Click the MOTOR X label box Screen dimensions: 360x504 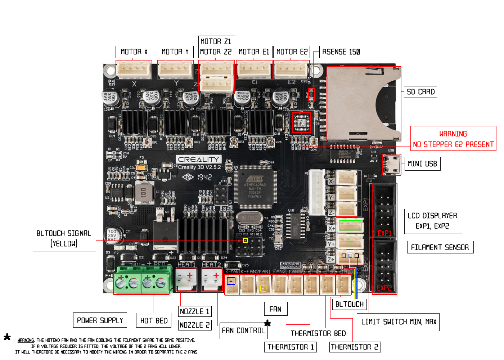[x=134, y=52]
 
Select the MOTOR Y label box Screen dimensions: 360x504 [x=175, y=52]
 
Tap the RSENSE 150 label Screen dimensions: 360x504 [x=341, y=52]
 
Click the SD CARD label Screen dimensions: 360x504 [x=420, y=92]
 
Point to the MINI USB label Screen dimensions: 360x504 [x=422, y=164]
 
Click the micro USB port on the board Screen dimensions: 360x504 [x=392, y=165]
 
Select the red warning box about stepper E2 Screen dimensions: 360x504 [x=453, y=139]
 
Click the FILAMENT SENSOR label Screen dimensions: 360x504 [x=440, y=247]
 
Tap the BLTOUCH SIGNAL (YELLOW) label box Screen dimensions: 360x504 [x=64, y=238]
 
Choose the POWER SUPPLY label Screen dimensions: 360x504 [x=100, y=320]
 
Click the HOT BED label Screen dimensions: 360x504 [x=154, y=320]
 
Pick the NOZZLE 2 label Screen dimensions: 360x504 [x=194, y=325]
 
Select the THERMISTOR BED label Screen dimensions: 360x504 [x=318, y=333]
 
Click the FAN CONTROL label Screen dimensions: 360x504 [x=243, y=330]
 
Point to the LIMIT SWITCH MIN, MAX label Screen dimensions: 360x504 [x=398, y=322]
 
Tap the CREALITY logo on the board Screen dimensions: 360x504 [x=198, y=159]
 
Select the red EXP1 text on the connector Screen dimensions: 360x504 [x=384, y=233]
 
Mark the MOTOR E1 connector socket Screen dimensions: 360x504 [x=254, y=69]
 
